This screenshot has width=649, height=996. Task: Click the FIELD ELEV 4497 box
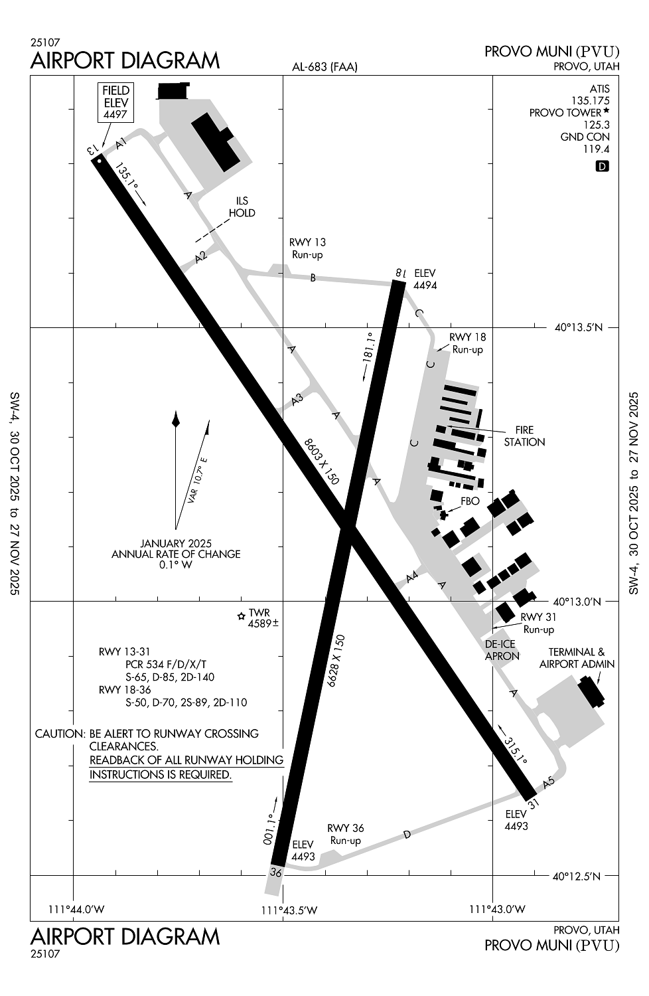pyautogui.click(x=115, y=102)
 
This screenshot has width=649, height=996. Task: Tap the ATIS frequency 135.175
pyautogui.click(x=591, y=101)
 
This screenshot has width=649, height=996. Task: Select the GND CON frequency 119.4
pyautogui.click(x=596, y=149)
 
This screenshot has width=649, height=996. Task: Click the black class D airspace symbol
pyautogui.click(x=602, y=166)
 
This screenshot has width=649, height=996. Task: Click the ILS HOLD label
pyautogui.click(x=242, y=207)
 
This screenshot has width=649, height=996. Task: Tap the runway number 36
pyautogui.click(x=276, y=872)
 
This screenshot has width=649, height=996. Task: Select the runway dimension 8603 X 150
pyautogui.click(x=321, y=461)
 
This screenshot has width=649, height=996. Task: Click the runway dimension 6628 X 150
pyautogui.click(x=336, y=660)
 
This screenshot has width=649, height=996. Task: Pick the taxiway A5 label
pyautogui.click(x=548, y=783)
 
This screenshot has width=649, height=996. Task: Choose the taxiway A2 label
pyautogui.click(x=201, y=256)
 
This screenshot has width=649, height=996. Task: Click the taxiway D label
pyautogui.click(x=407, y=834)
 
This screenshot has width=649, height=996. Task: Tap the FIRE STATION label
pyautogui.click(x=524, y=436)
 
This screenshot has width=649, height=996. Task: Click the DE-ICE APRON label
pyautogui.click(x=501, y=649)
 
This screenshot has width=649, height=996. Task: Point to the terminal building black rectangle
pyautogui.click(x=591, y=691)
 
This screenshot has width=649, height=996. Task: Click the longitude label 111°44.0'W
pyautogui.click(x=77, y=909)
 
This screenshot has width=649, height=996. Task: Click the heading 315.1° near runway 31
pyautogui.click(x=514, y=750)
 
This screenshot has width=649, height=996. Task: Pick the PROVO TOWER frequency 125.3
pyautogui.click(x=597, y=125)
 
